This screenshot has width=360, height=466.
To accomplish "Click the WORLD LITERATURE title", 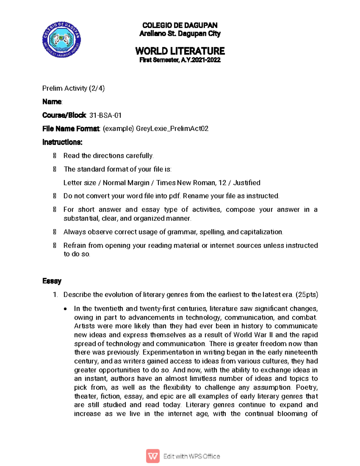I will (x=180, y=51).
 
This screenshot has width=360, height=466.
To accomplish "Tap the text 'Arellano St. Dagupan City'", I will (x=180, y=34).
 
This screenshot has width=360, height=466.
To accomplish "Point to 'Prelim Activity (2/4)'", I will (x=73, y=88).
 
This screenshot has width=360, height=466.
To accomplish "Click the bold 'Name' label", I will (x=52, y=102).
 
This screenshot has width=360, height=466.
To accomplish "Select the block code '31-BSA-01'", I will (x=105, y=115).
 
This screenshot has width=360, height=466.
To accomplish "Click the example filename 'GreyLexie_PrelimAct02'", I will (x=172, y=129).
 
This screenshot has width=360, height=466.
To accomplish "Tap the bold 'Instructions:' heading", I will (x=62, y=142).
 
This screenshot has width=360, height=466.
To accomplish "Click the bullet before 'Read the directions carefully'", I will (x=55, y=156).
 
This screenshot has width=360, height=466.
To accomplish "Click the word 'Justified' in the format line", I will (x=247, y=183).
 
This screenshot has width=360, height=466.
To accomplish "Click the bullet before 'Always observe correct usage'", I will (x=55, y=232).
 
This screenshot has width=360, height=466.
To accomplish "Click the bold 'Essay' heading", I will (x=52, y=281).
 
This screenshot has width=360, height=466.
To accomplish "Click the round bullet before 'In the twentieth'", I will (x=65, y=309).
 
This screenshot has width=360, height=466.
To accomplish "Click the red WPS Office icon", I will (x=153, y=456).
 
